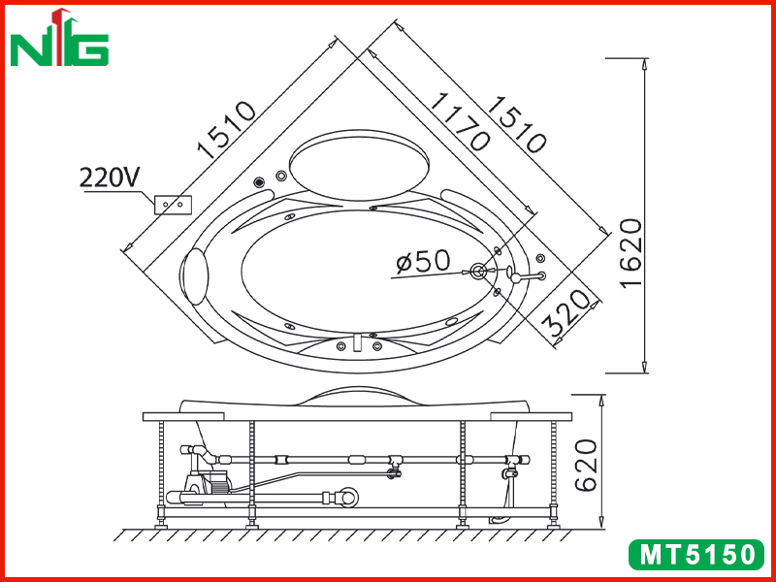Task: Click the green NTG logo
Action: pos(59,38)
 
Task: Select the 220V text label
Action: pos(110,177)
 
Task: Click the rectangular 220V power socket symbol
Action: pos(173,205)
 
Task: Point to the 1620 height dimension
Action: pos(632,253)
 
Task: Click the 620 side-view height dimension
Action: pos(587,465)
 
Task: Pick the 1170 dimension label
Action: pos(460,121)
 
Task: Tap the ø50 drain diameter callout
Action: pos(424,261)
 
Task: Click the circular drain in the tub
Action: pos(478,271)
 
